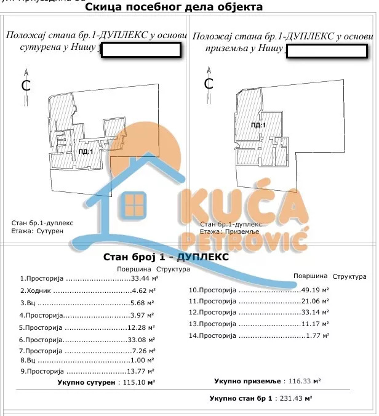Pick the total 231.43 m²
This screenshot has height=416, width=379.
[295, 399]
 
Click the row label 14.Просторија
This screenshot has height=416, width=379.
[213, 335]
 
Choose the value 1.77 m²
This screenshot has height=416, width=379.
[318, 335]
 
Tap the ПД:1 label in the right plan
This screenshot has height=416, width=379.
[259, 125]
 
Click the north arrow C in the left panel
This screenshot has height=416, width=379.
[26, 86]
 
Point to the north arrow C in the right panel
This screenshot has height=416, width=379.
[209, 82]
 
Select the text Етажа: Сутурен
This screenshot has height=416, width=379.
[38, 231]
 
